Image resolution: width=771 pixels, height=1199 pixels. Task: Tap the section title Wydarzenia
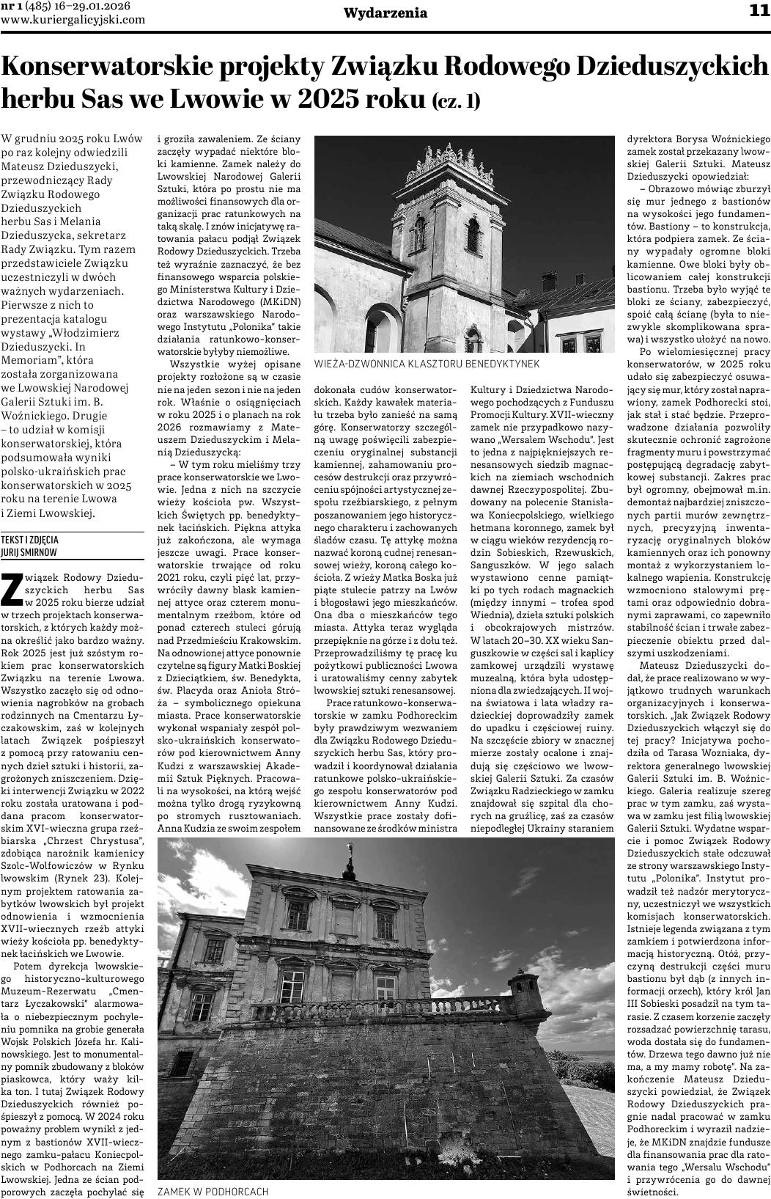pos(385,13)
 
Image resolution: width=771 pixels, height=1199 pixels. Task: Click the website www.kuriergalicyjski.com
pos(73,20)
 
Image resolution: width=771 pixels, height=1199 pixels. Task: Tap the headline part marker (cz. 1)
pos(456,100)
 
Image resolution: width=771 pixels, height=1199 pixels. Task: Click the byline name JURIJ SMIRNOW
pos(29,552)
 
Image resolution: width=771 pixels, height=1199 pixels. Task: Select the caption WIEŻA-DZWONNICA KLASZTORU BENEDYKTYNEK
pos(426,364)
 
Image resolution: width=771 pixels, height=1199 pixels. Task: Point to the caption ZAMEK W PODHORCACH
pos(213,1192)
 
